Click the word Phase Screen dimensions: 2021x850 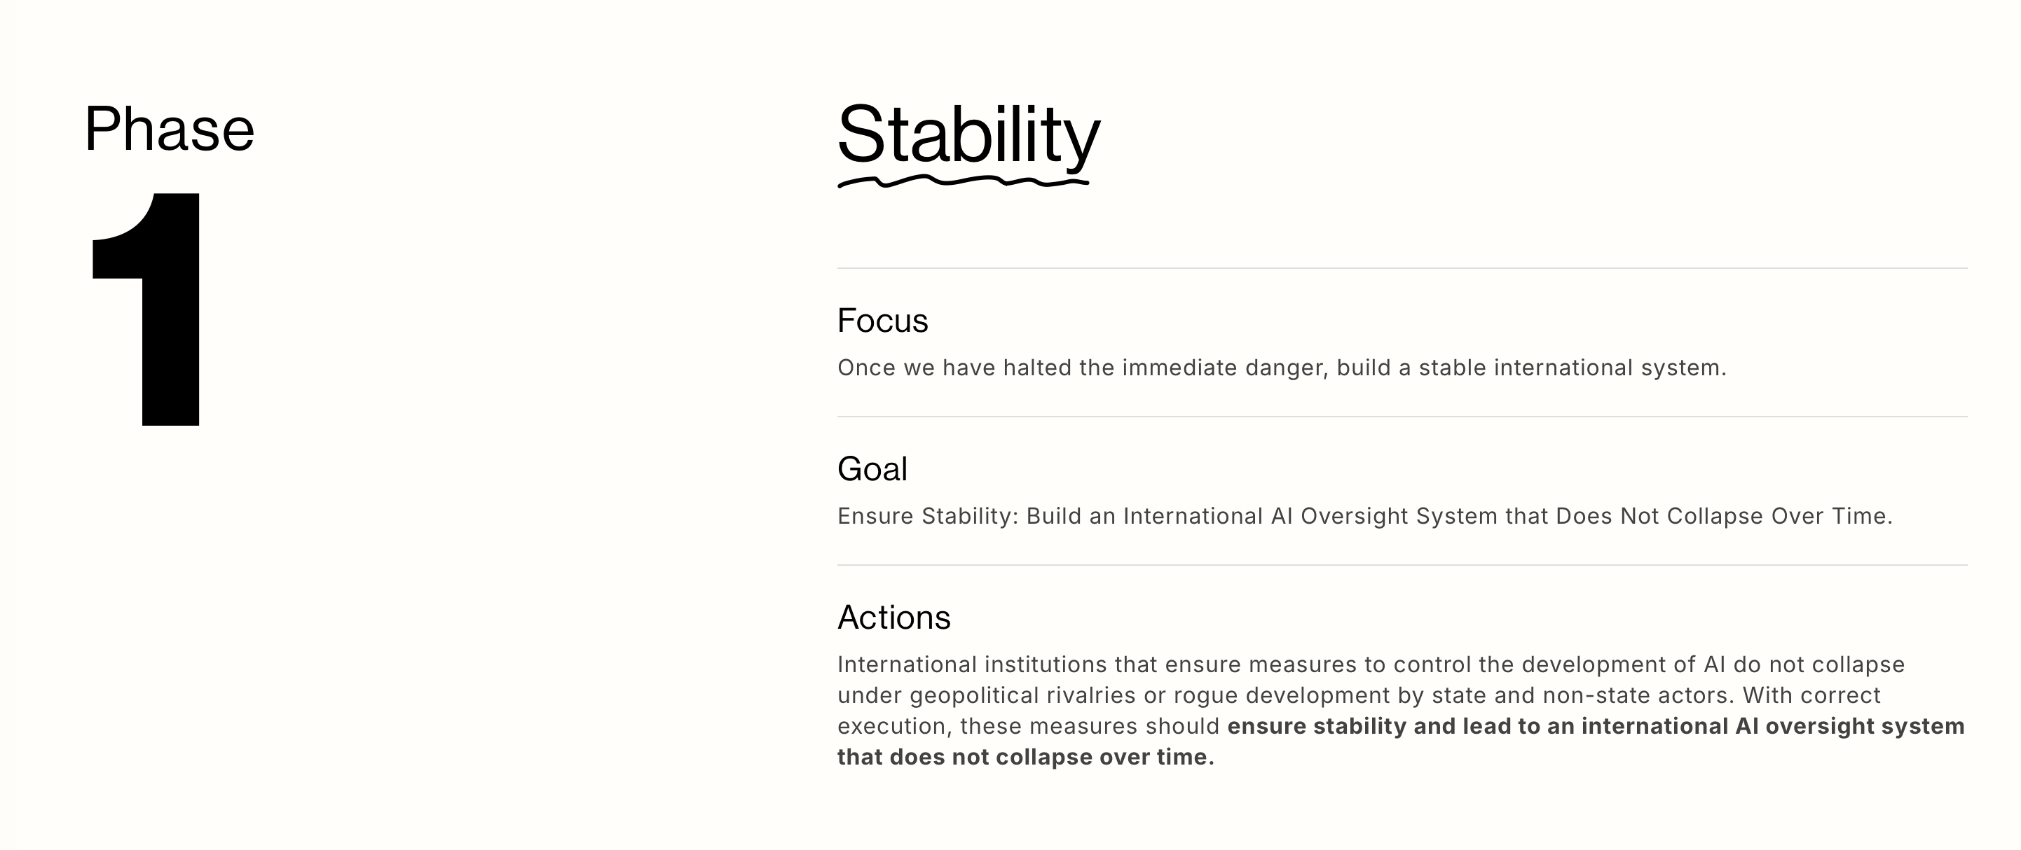coord(170,129)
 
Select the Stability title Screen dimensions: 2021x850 coord(969,135)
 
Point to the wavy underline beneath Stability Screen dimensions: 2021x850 coord(964,182)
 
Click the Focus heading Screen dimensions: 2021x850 coord(883,321)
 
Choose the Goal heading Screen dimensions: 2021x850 coord(872,469)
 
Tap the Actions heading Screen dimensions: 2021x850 coord(893,617)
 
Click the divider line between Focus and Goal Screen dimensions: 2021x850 coord(1402,417)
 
